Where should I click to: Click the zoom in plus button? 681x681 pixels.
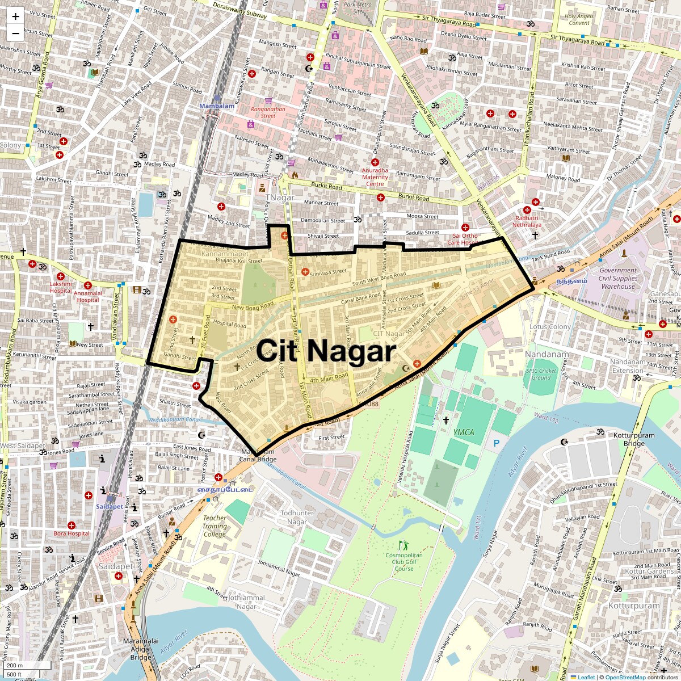pyautogui.click(x=15, y=16)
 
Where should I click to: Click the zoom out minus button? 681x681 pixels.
pyautogui.click(x=15, y=33)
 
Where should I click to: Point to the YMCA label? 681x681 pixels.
pyautogui.click(x=463, y=432)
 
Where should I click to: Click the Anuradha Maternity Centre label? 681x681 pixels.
pyautogui.click(x=375, y=176)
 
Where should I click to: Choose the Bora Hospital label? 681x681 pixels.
pyautogui.click(x=72, y=533)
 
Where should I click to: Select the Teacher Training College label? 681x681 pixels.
pyautogui.click(x=215, y=526)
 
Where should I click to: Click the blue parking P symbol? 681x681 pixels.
pyautogui.click(x=497, y=443)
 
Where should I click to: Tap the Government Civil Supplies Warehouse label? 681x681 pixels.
pyautogui.click(x=618, y=279)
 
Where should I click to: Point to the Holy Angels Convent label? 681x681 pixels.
pyautogui.click(x=579, y=20)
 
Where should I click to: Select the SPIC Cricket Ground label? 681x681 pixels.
pyautogui.click(x=541, y=374)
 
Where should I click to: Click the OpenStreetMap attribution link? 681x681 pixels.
pyautogui.click(x=625, y=677)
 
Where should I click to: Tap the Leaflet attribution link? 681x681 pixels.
pyautogui.click(x=586, y=677)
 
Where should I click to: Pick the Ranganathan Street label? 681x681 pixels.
pyautogui.click(x=268, y=112)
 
